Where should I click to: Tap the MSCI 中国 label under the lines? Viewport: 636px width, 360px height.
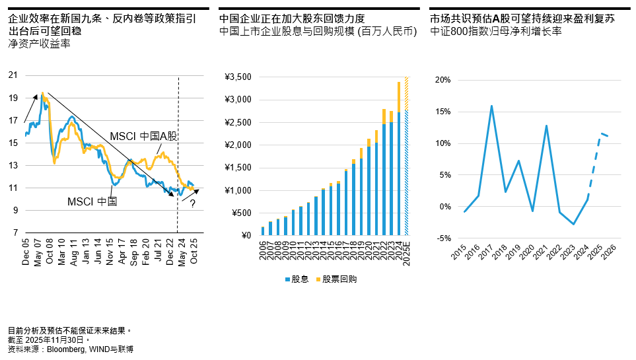92,201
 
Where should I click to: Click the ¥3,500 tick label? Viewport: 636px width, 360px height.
238,77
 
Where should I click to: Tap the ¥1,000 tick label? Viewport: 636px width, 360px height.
238,191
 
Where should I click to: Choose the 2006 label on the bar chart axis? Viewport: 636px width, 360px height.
264,251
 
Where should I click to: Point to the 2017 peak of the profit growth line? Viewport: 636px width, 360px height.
491,106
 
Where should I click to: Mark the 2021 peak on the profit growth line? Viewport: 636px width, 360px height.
547,126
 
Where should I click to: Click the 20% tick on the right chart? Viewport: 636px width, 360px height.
442,80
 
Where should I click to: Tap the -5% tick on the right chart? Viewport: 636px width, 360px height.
442,238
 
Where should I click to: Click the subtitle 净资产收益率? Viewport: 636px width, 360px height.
39,44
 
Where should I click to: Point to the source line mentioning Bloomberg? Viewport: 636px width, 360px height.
71,349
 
